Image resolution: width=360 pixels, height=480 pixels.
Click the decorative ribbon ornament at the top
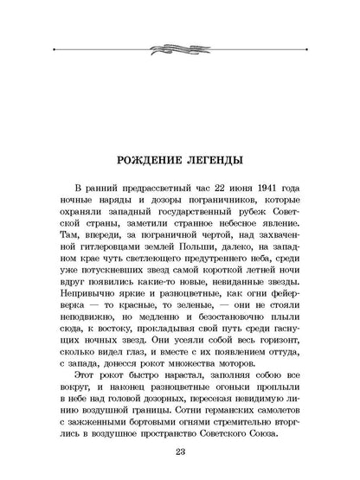(179, 44)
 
